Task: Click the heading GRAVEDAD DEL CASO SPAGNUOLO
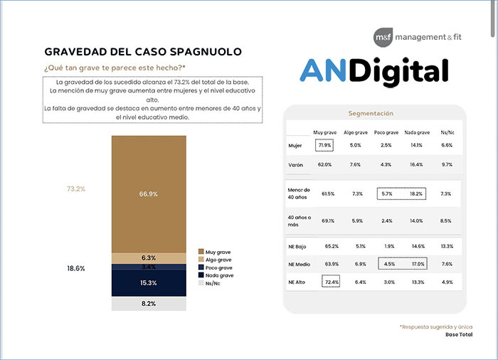click(x=142, y=52)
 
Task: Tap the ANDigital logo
click(x=373, y=71)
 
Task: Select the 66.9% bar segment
click(x=149, y=194)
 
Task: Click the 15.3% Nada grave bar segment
click(x=149, y=282)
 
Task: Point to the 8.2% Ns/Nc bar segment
click(x=149, y=303)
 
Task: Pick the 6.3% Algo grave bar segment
click(x=149, y=258)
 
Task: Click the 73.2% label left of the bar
click(x=75, y=189)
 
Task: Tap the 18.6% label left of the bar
click(x=75, y=268)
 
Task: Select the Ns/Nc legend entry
click(x=213, y=282)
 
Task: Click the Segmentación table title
click(x=374, y=113)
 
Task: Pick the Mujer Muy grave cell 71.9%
click(x=324, y=145)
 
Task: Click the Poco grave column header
click(x=386, y=132)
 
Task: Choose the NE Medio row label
click(x=299, y=264)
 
